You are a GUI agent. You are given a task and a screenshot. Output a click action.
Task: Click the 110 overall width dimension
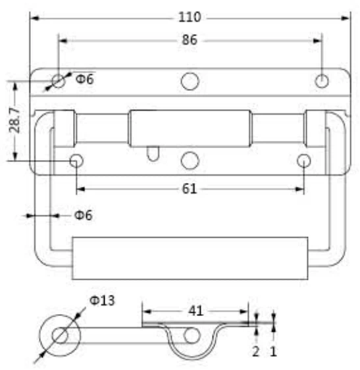189,16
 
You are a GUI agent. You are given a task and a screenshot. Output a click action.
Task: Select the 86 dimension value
190,40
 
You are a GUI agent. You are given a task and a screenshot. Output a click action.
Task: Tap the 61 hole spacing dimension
190,190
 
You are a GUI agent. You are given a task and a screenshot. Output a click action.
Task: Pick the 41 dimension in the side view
196,311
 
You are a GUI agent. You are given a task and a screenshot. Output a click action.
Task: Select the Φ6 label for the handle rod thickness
83,215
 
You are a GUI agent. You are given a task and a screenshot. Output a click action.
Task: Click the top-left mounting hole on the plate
59,81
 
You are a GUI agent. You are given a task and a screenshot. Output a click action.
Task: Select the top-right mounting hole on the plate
322,81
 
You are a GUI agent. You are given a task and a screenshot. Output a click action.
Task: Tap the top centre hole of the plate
190,81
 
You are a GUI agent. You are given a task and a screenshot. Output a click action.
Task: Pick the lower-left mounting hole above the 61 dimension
76,160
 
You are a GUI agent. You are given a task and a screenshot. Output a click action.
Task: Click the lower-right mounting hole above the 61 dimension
304,160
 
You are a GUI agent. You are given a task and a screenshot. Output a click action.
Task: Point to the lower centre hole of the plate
190,160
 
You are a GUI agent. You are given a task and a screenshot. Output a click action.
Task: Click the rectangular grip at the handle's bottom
190,259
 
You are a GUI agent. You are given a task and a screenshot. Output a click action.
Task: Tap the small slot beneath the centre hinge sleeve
153,153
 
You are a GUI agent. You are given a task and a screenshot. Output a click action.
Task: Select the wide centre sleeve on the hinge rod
190,128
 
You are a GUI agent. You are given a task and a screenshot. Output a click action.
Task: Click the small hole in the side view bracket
192,336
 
